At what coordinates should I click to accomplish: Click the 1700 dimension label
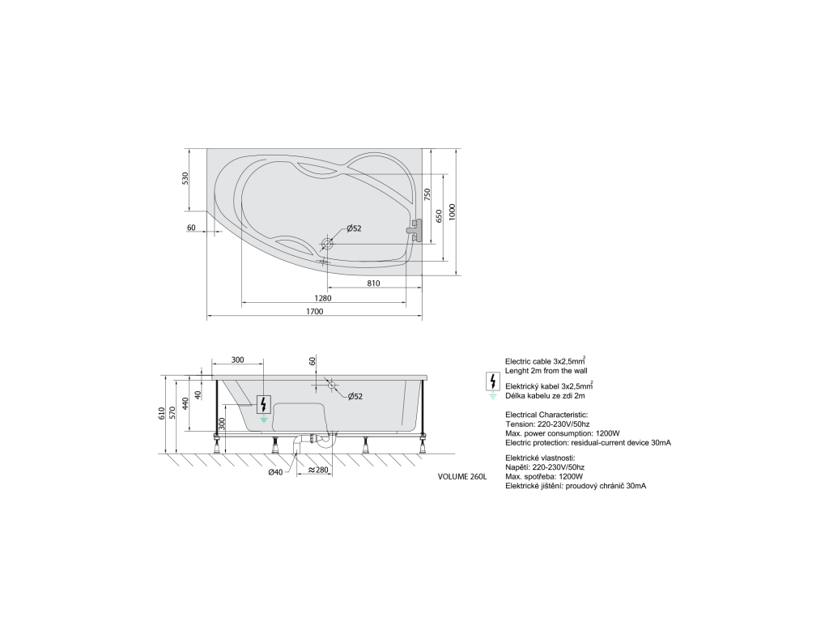315,312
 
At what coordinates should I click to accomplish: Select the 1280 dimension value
322,298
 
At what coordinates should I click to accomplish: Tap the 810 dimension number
373,283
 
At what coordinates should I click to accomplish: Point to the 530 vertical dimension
185,178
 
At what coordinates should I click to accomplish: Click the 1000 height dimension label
452,212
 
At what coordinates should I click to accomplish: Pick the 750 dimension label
427,194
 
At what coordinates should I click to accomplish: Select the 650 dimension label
439,215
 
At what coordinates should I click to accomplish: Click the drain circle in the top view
327,244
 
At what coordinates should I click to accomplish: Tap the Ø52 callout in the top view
354,228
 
